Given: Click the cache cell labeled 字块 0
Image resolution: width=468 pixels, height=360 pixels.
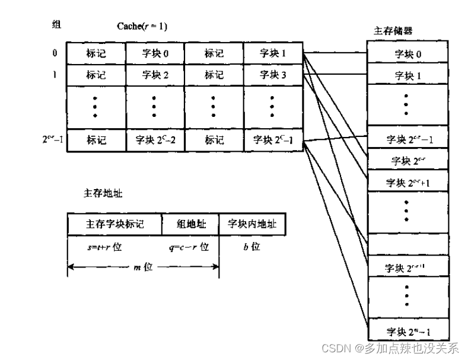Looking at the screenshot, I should (x=155, y=53).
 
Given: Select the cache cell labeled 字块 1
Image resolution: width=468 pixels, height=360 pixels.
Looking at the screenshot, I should (x=273, y=53).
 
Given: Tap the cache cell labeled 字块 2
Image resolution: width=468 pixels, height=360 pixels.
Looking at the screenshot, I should (x=155, y=75).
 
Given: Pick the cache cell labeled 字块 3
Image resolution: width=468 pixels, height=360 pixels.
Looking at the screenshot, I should (x=273, y=75).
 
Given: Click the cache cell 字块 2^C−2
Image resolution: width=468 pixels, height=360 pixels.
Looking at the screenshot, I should (x=155, y=140).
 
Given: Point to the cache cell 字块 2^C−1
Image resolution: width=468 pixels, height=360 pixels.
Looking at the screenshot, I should (x=273, y=140).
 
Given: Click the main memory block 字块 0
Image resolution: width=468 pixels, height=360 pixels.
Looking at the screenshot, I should (x=407, y=55).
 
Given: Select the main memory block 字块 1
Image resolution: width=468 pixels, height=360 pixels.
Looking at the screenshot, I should (x=407, y=76).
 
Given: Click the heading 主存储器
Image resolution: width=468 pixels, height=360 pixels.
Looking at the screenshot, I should (x=393, y=30).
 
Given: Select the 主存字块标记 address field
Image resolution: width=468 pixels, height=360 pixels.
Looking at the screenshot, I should (x=114, y=224).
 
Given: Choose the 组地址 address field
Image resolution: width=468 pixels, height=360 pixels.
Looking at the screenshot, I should (x=190, y=224).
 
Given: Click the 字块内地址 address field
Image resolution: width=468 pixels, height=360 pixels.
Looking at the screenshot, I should (x=251, y=224).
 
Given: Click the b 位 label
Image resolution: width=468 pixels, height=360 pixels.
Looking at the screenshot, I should (x=251, y=246).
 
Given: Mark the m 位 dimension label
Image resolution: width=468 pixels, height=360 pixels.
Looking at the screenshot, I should (x=143, y=267).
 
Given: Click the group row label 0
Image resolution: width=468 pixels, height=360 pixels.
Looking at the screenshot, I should (x=55, y=53).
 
